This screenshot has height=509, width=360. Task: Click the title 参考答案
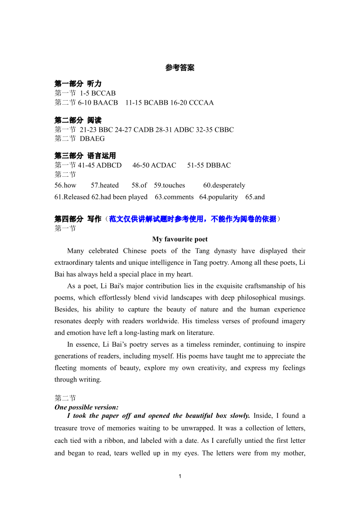(x=180, y=68)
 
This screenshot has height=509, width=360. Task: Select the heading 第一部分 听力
(x=78, y=84)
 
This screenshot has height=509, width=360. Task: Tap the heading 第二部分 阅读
(x=78, y=121)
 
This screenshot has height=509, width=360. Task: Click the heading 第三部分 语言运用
(x=85, y=156)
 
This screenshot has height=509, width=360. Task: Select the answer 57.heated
(x=105, y=185)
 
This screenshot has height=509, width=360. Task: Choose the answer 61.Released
(x=72, y=197)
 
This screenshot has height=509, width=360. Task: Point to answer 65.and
(x=255, y=197)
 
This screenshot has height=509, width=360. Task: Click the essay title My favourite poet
(x=180, y=239)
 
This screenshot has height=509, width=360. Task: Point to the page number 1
(x=180, y=476)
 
